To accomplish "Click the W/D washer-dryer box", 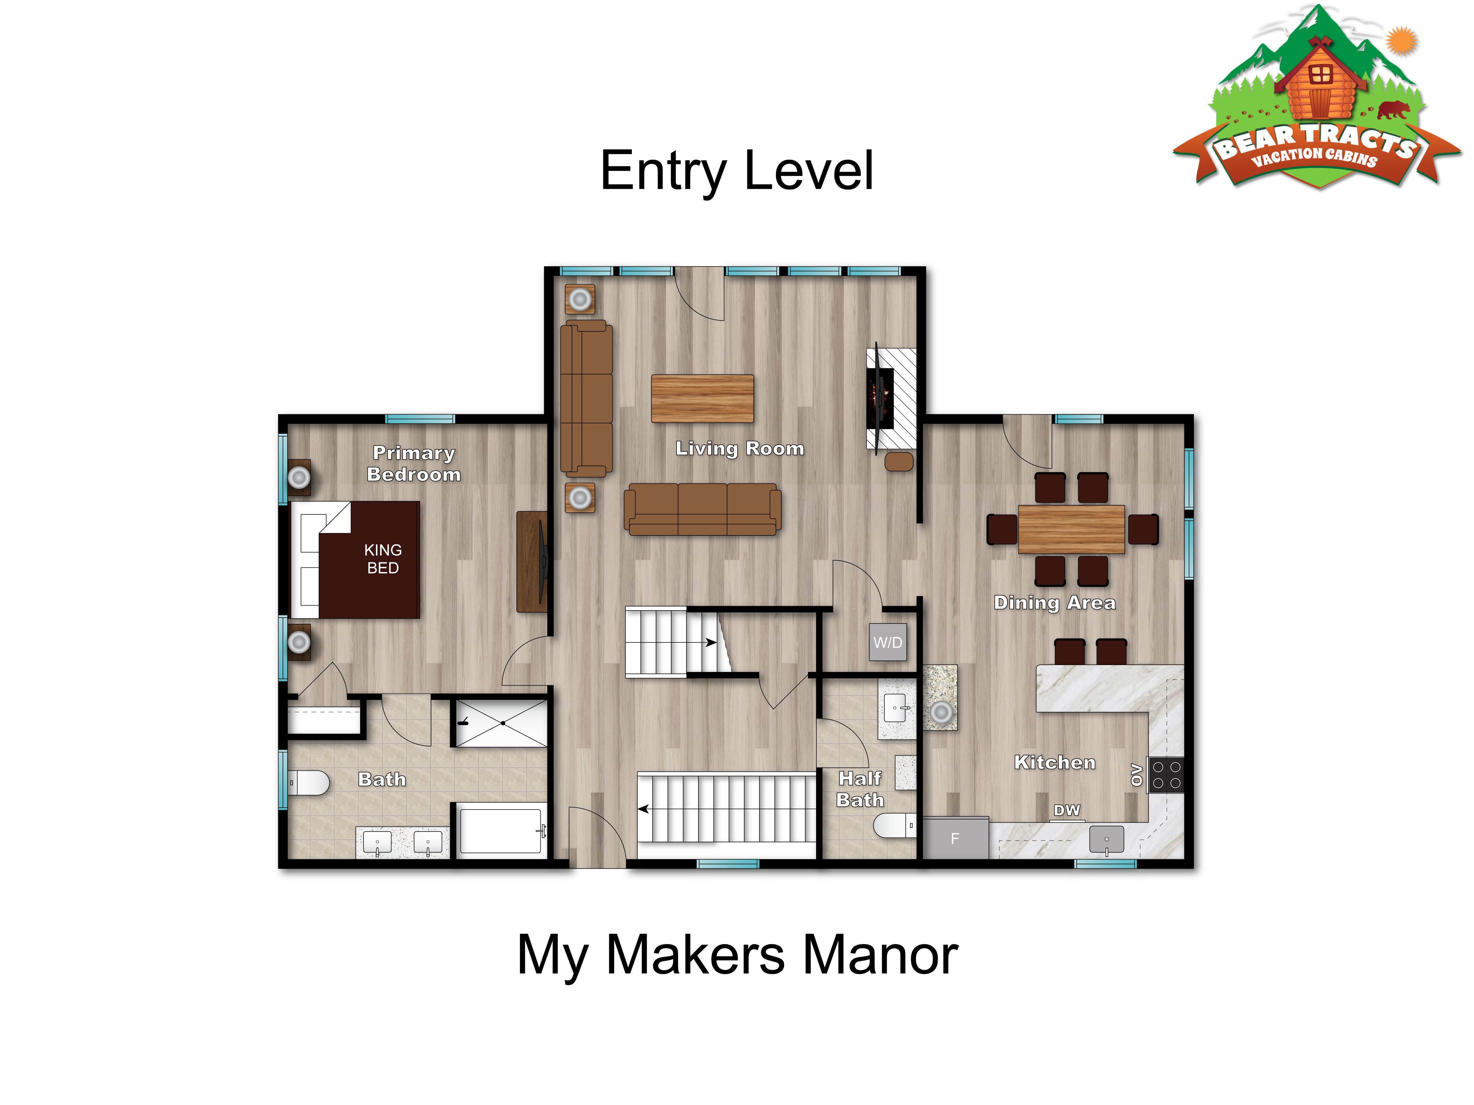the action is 888,642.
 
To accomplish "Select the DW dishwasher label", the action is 1067,810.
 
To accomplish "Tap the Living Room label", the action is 740,448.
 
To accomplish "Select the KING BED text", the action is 383,559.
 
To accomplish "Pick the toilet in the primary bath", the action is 309,783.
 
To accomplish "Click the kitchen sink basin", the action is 1106,839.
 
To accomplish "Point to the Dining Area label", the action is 1054,603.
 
